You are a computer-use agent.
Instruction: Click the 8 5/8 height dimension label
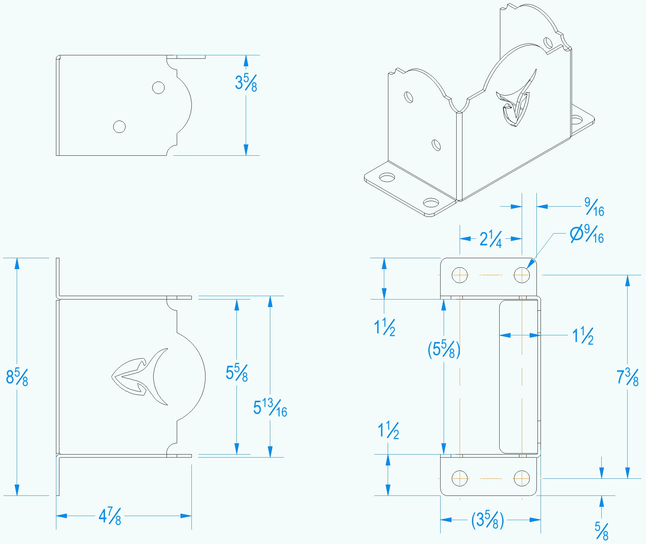17,377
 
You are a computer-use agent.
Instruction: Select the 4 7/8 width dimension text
110,516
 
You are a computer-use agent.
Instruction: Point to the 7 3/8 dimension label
627,377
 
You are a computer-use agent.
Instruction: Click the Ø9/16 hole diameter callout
587,234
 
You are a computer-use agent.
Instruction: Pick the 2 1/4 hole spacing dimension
490,239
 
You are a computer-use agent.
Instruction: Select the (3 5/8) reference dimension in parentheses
487,520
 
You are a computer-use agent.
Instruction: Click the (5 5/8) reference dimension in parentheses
444,349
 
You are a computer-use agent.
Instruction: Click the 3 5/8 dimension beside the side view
246,83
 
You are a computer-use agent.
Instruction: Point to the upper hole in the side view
158,87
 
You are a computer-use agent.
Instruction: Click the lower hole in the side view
119,127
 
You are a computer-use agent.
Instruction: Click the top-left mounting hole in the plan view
460,275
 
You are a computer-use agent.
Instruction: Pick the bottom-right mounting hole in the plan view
522,478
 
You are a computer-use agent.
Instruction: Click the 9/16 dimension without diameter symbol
594,207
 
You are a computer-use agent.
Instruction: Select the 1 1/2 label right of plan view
583,336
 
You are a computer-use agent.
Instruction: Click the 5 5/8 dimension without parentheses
236,373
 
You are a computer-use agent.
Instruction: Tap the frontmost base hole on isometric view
431,203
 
